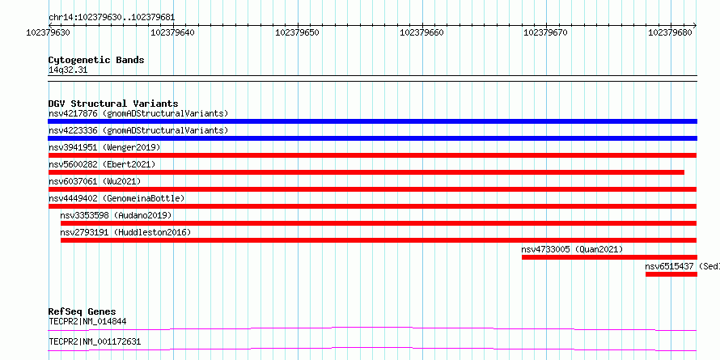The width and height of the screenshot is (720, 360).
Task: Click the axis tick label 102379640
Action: click(172, 32)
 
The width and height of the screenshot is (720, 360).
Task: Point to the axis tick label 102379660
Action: click(422, 32)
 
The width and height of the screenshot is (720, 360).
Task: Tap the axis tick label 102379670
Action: click(545, 32)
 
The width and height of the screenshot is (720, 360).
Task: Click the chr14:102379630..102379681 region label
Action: click(112, 18)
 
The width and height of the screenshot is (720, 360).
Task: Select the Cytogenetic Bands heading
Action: click(96, 60)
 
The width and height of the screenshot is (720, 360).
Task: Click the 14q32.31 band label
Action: click(67, 70)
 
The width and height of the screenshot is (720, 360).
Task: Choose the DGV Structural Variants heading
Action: click(113, 104)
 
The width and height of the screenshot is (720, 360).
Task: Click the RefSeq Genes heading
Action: click(82, 311)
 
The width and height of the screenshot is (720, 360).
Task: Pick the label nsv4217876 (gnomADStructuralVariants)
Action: click(138, 113)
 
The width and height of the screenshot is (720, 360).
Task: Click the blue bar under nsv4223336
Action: click(372, 138)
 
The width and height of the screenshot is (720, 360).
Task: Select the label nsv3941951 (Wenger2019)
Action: click(104, 147)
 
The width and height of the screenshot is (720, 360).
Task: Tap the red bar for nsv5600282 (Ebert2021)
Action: click(366, 172)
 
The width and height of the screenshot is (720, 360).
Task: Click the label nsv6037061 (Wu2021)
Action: click(95, 181)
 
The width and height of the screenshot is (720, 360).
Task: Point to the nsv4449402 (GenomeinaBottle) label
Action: click(116, 198)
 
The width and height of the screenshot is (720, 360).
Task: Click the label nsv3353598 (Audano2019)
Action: click(116, 215)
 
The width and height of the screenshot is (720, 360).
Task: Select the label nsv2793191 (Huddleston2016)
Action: click(125, 232)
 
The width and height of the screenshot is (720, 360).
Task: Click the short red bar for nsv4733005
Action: click(609, 257)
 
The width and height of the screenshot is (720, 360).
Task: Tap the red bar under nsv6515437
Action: click(671, 274)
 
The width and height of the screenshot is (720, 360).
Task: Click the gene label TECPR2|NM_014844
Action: click(87, 321)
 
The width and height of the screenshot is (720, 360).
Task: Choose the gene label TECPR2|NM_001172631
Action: click(95, 341)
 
